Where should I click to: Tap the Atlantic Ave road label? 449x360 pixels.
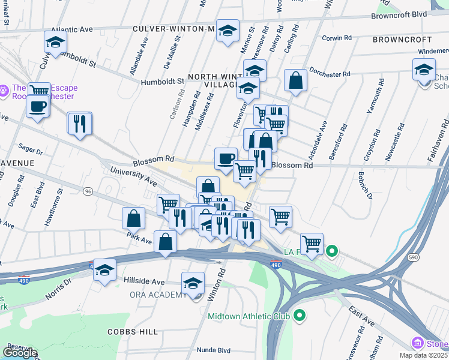pyautogui.click(x=72, y=29)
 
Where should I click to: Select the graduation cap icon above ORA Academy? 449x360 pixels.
pyautogui.click(x=193, y=283)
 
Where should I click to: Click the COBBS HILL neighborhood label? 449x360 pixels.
pyautogui.click(x=133, y=332)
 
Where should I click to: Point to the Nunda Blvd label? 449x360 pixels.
pyautogui.click(x=214, y=350)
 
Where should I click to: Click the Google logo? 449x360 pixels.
pyautogui.click(x=20, y=353)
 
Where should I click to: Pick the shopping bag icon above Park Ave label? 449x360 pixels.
pyautogui.click(x=134, y=218)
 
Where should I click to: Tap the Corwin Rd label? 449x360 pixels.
pyautogui.click(x=336, y=38)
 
